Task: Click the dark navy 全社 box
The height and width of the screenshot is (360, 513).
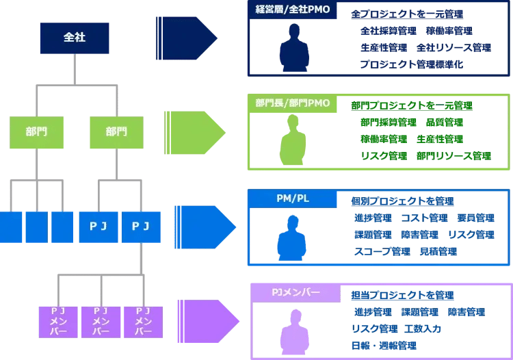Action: tap(74, 38)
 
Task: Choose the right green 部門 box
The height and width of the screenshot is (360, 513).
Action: tap(116, 131)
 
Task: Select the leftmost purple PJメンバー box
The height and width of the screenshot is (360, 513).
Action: tap(57, 321)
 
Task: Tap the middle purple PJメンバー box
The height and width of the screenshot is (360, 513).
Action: tap(100, 321)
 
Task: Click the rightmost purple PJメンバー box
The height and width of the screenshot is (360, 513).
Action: tap(143, 321)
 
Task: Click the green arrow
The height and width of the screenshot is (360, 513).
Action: tap(196, 130)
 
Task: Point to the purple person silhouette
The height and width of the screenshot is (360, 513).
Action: tap(294, 332)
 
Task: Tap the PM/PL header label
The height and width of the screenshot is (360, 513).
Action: tap(292, 198)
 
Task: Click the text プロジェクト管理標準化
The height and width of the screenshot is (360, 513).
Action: tap(411, 64)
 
